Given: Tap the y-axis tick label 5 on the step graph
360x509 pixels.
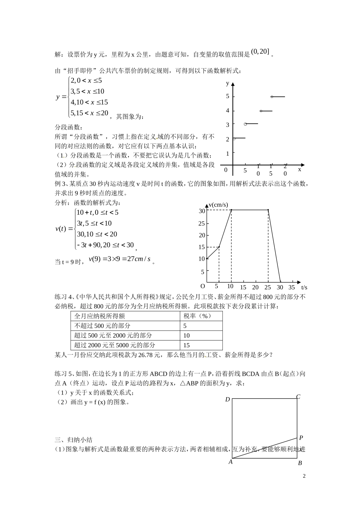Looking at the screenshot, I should (x=228, y=96).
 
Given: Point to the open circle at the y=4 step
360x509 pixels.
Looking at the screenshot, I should (x=261, y=111).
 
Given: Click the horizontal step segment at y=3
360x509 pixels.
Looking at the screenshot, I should (x=252, y=124).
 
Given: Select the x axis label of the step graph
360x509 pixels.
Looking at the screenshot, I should (x=299, y=170).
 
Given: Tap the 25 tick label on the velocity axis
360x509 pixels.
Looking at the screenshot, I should (x=202, y=223).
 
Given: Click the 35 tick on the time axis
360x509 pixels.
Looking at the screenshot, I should (x=291, y=287).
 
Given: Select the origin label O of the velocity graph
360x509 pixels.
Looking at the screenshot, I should (x=203, y=286).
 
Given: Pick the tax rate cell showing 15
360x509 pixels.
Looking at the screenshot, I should (x=186, y=345).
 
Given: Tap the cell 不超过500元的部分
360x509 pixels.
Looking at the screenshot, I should (x=102, y=326).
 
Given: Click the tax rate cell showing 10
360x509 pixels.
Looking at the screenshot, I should (x=186, y=336).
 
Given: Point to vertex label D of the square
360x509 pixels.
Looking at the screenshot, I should (x=227, y=399).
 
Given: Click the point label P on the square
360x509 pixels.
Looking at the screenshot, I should (x=301, y=438).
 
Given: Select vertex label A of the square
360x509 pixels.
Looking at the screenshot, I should (x=230, y=462).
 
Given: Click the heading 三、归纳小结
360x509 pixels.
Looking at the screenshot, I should (x=74, y=440).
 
